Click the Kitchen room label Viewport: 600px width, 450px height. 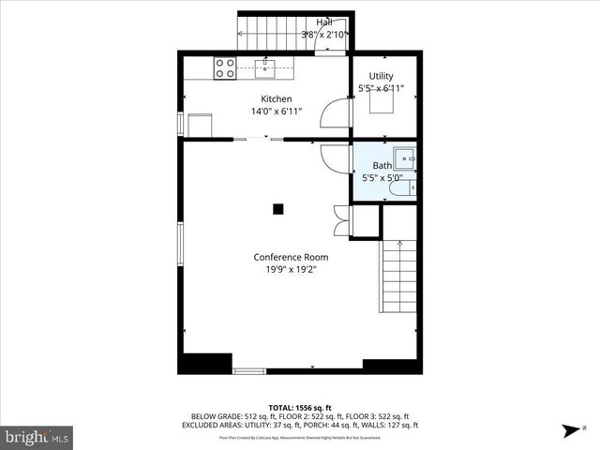click(x=276, y=98)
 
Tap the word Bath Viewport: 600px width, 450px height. click(x=382, y=166)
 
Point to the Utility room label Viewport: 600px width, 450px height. click(x=381, y=76)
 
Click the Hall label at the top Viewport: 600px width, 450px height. click(x=324, y=22)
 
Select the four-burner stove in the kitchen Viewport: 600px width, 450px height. click(x=225, y=67)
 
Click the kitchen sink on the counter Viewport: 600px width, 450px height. click(x=267, y=67)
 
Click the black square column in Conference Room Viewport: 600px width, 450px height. click(x=278, y=209)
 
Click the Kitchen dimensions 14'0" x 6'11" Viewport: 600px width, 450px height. click(x=276, y=112)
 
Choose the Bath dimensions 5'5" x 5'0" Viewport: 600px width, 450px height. click(x=382, y=178)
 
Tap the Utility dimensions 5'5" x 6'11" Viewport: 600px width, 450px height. click(x=382, y=88)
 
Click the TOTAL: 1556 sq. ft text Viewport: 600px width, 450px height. click(x=299, y=407)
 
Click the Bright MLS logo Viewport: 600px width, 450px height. click(x=37, y=437)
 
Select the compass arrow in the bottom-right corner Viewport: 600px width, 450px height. click(x=570, y=431)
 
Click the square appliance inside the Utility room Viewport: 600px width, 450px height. click(x=380, y=103)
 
